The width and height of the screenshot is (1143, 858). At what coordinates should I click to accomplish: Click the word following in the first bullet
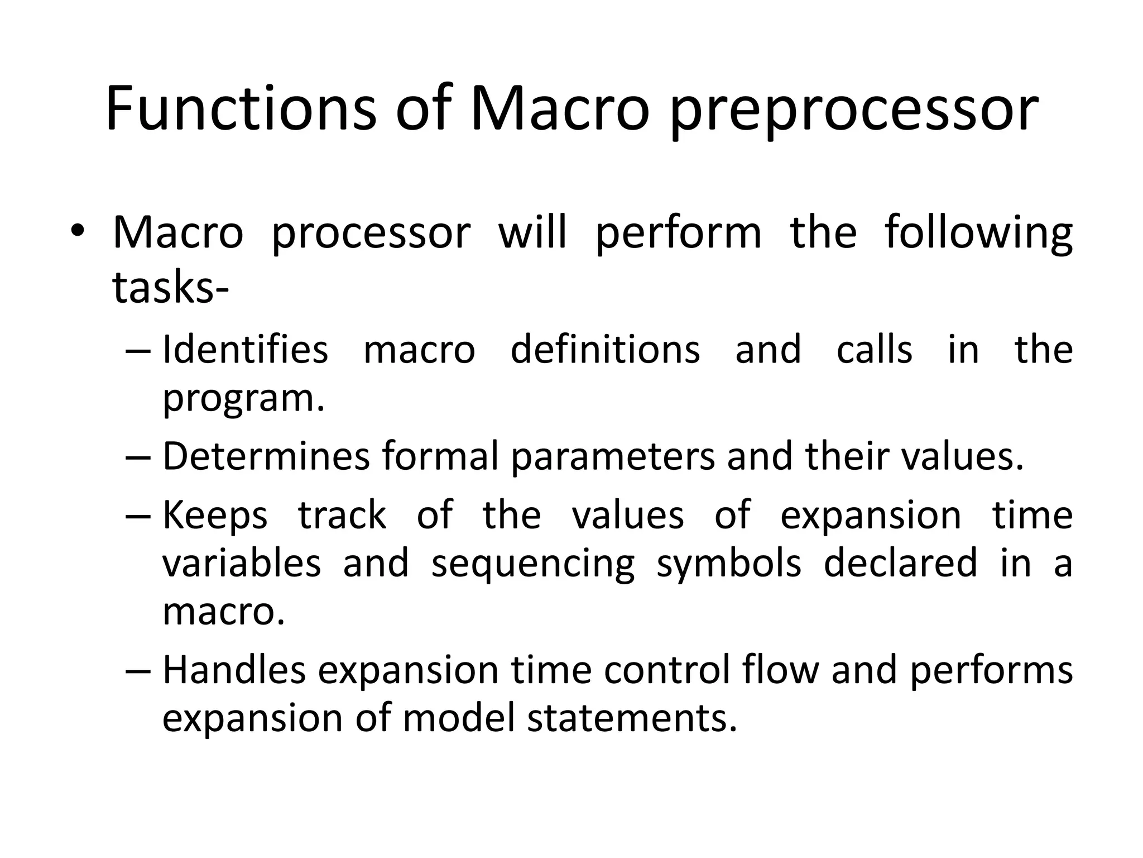[978, 233]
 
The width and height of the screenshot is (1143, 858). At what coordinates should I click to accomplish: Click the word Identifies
[245, 350]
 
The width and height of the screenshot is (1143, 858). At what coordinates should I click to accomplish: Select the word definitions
[605, 350]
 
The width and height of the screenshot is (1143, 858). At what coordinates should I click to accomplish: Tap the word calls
[875, 350]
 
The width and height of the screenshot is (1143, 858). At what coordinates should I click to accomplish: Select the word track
[342, 516]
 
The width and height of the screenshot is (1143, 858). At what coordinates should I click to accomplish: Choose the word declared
[900, 563]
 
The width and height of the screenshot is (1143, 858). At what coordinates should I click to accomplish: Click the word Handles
[234, 670]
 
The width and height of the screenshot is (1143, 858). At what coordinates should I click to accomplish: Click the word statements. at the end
[632, 718]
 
